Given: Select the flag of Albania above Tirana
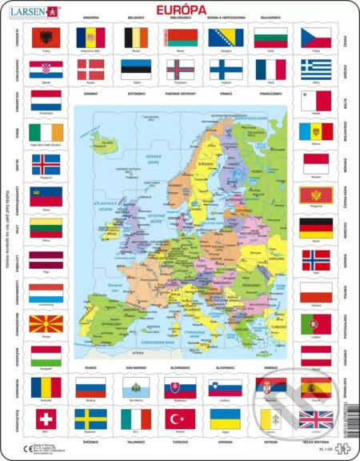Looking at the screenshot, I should [x=45, y=37].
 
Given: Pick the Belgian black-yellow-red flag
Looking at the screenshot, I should [x=135, y=37].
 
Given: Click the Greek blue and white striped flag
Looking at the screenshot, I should [x=314, y=70].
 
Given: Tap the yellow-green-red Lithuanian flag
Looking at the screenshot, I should [x=45, y=229].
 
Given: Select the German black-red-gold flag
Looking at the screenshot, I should [x=315, y=228].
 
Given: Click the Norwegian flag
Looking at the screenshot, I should [x=315, y=260].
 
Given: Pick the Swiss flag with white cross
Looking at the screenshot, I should [x=45, y=419].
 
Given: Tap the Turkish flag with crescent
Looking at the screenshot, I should [x=180, y=419].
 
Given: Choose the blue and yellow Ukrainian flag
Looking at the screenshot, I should [x=225, y=419].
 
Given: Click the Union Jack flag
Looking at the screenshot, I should [x=314, y=419].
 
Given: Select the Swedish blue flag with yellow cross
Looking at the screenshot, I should [x=90, y=419].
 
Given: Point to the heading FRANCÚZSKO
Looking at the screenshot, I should [x=270, y=93].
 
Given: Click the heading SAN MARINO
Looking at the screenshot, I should [x=135, y=369].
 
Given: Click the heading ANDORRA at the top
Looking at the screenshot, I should [x=90, y=17].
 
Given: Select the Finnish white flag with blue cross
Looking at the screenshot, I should [x=226, y=70].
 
